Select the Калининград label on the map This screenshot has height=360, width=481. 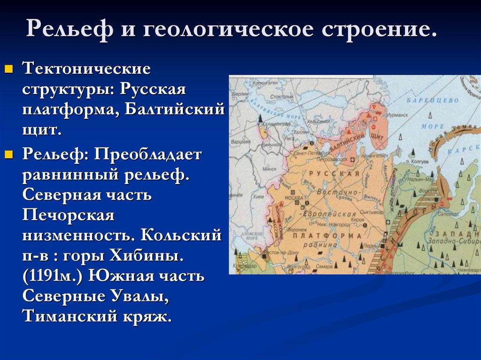click(276, 123)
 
